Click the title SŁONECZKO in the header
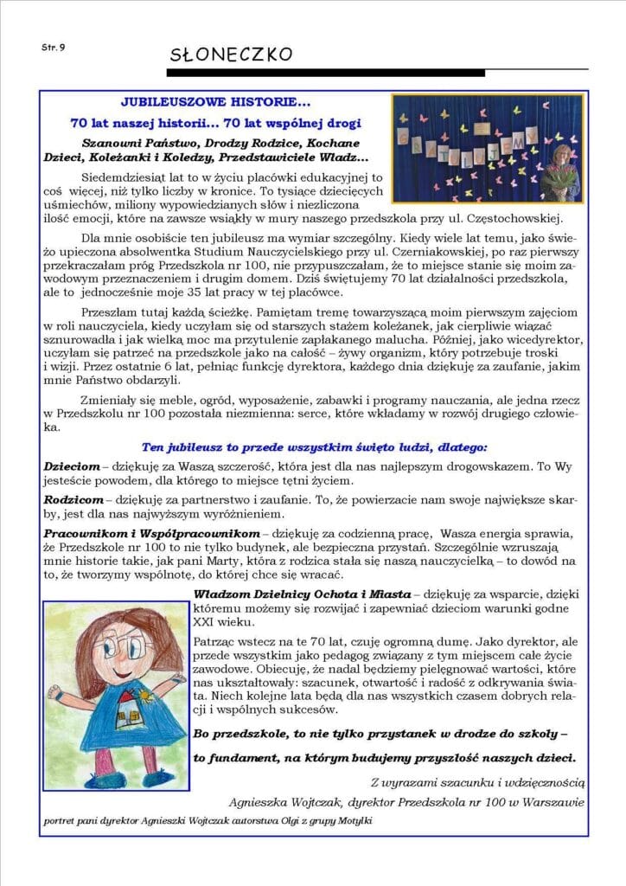click(231, 55)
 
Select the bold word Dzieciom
click(72, 466)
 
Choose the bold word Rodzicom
click(73, 501)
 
